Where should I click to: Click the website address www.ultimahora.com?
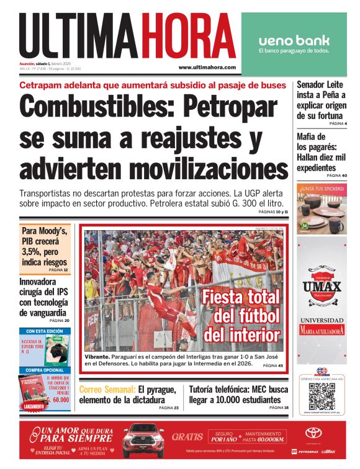pyautogui.click(x=207, y=67)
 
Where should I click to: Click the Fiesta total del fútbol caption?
pyautogui.click(x=241, y=316)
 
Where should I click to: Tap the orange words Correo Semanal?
pyautogui.click(x=107, y=389)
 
